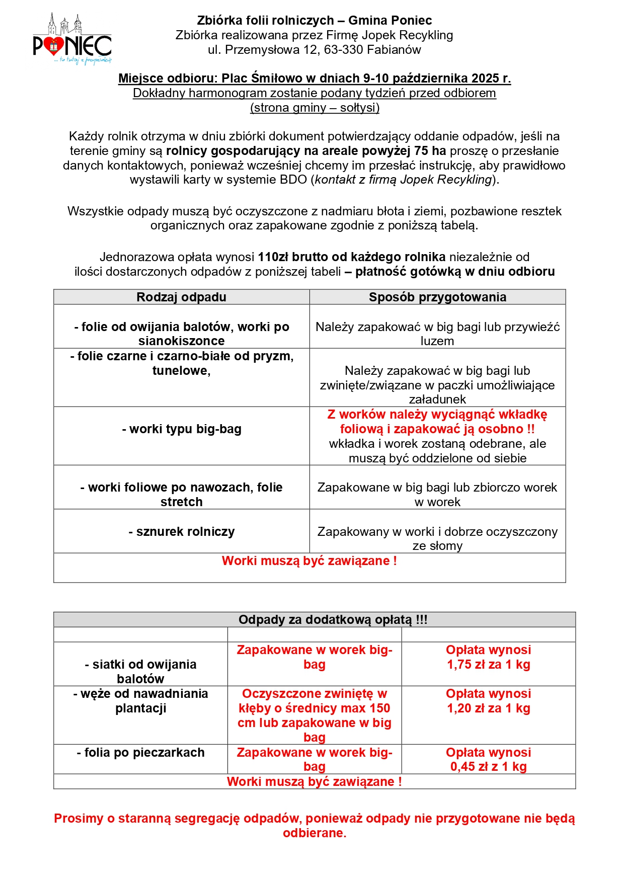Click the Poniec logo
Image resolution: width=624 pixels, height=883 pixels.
click(x=72, y=40)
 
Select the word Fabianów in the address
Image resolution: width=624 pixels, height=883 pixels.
click(x=394, y=50)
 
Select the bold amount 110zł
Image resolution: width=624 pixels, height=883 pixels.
click(x=273, y=257)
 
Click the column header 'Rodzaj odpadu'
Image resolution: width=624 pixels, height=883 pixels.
click(x=181, y=297)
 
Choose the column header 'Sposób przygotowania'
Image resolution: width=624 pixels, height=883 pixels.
click(x=437, y=297)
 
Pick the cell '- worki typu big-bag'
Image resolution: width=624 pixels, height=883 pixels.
click(x=182, y=429)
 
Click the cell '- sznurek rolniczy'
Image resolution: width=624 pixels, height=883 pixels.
click(x=182, y=532)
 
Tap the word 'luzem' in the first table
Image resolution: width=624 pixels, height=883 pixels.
click(x=437, y=341)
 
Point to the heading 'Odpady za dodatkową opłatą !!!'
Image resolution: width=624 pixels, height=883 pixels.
click(x=333, y=620)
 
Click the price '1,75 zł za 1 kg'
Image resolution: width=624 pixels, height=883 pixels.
click(x=488, y=665)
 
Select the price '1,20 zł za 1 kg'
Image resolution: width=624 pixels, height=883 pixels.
click(x=488, y=708)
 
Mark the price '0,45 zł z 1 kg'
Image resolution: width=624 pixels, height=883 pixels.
click(x=488, y=767)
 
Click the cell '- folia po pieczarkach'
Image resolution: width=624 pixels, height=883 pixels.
click(x=141, y=753)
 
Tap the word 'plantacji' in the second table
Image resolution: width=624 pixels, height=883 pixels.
click(x=141, y=708)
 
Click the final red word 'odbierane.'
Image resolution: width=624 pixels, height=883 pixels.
click(x=315, y=833)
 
